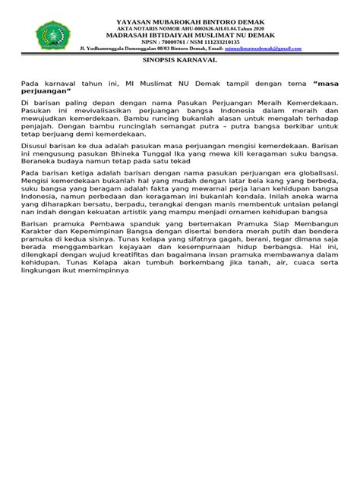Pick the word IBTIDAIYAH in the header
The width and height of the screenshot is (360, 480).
[x=164, y=35]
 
